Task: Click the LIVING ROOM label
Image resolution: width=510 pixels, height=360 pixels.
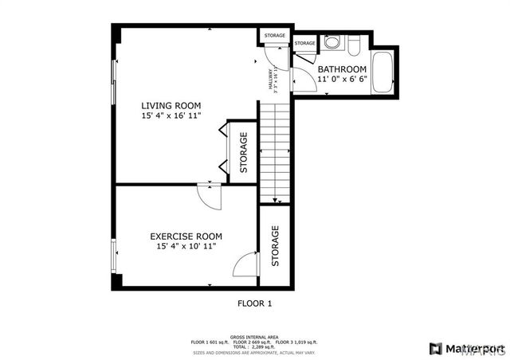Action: pyautogui.click(x=171, y=105)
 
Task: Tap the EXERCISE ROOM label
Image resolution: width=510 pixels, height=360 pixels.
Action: pyautogui.click(x=186, y=237)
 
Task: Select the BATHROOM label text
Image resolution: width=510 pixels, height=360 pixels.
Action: pyautogui.click(x=342, y=69)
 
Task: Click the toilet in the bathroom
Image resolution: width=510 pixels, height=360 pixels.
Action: pyautogui.click(x=333, y=42)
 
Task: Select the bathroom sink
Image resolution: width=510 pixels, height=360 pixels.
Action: pyautogui.click(x=355, y=43)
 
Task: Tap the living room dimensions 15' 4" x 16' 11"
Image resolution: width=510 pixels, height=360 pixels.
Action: pyautogui.click(x=171, y=116)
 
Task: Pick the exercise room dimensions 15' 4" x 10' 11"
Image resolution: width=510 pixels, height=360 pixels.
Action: pyautogui.click(x=186, y=247)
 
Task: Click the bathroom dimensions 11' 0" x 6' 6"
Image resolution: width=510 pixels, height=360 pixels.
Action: pyautogui.click(x=342, y=80)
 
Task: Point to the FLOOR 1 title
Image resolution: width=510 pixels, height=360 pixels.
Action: pyautogui.click(x=255, y=303)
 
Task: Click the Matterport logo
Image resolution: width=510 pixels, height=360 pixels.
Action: pyautogui.click(x=466, y=348)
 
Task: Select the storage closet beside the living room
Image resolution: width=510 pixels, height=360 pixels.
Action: pyautogui.click(x=243, y=153)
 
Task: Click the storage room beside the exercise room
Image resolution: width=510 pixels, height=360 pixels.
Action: pyautogui.click(x=275, y=247)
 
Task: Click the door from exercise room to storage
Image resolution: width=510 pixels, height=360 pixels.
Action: pyautogui.click(x=249, y=264)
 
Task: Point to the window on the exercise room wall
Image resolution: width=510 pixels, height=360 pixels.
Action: pyautogui.click(x=113, y=256)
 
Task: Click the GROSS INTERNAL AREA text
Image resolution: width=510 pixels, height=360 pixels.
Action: pyautogui.click(x=254, y=337)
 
